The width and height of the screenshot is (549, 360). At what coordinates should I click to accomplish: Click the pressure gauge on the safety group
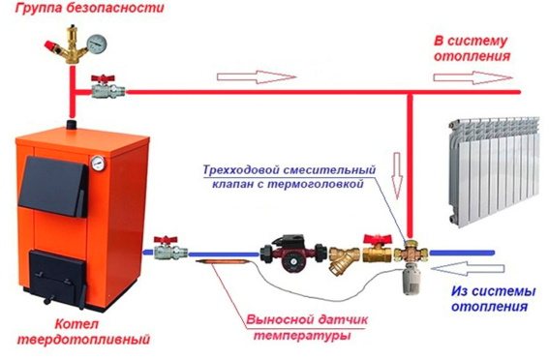tap(96, 45)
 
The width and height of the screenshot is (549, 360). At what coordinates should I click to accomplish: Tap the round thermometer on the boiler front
tap(98, 163)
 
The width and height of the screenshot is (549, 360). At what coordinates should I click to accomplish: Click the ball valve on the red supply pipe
tap(107, 88)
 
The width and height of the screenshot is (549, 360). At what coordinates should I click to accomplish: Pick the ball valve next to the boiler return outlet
tap(169, 249)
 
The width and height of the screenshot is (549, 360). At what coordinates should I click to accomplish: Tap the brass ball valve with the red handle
tap(377, 249)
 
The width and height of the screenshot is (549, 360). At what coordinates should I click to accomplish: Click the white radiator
tap(495, 171)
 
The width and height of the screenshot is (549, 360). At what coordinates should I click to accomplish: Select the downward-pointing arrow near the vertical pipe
tap(397, 175)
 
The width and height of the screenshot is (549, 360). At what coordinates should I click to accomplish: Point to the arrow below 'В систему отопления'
tap(473, 77)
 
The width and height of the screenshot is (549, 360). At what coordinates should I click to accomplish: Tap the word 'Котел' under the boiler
tap(76, 324)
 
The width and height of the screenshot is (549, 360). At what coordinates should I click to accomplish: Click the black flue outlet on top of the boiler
tap(72, 124)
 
